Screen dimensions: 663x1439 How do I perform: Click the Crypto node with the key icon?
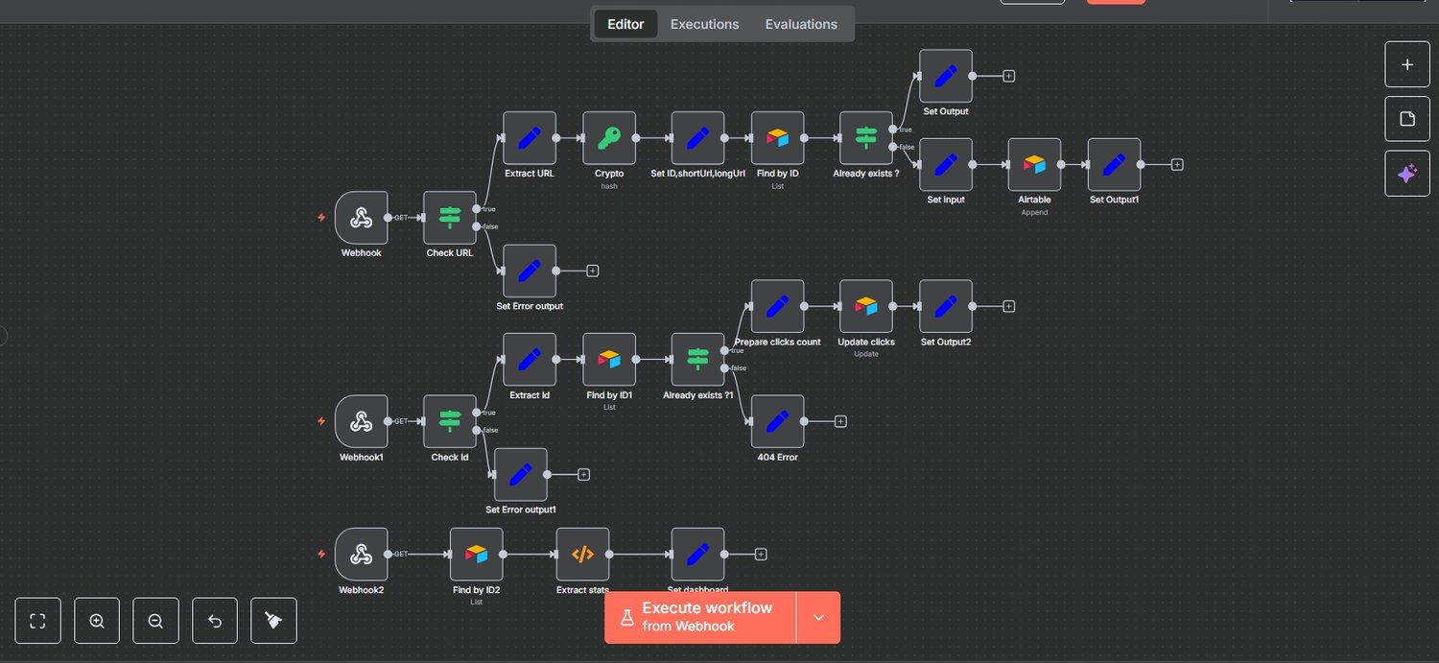609,138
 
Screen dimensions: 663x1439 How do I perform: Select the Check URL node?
450,218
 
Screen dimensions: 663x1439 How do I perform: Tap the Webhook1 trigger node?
362,421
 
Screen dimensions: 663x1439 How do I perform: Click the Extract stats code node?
582,555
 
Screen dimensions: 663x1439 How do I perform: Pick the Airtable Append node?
1034,165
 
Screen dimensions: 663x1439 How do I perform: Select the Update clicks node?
866,306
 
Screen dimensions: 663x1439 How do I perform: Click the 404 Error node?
778,421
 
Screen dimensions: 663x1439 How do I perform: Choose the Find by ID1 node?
609,360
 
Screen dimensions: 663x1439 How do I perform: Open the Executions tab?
704,24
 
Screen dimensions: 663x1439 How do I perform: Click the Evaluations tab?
801,24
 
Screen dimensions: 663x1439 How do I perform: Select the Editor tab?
625,24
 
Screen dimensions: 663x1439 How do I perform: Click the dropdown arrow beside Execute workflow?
818,617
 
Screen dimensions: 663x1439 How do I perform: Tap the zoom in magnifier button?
97,621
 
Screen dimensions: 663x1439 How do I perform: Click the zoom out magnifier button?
155,621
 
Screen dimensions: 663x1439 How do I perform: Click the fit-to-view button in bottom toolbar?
38,621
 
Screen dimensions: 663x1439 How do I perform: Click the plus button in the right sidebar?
1407,65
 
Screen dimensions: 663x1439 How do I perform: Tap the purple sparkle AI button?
1407,174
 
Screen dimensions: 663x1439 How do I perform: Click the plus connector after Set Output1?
1177,165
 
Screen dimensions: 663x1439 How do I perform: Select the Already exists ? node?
866,138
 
